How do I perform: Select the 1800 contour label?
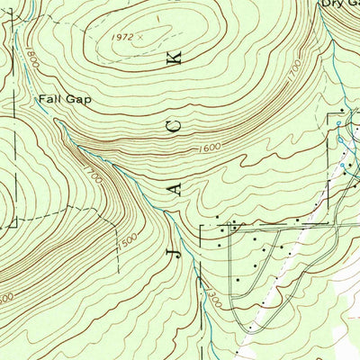pyautogui.click(x=31, y=61)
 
